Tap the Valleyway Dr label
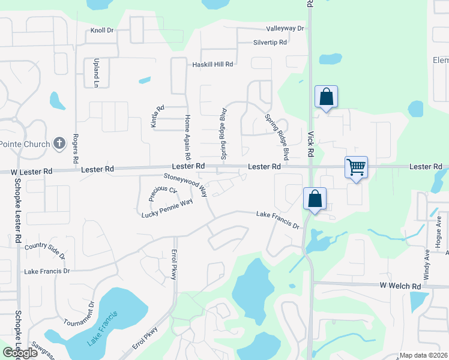285,28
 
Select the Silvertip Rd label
270,43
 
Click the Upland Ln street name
95,73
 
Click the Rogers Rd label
76,149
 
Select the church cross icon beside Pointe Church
59,143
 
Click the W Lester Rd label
31,172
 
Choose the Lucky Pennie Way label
167,208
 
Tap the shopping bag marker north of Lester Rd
326,97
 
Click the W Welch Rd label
399,286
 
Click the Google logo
20,353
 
